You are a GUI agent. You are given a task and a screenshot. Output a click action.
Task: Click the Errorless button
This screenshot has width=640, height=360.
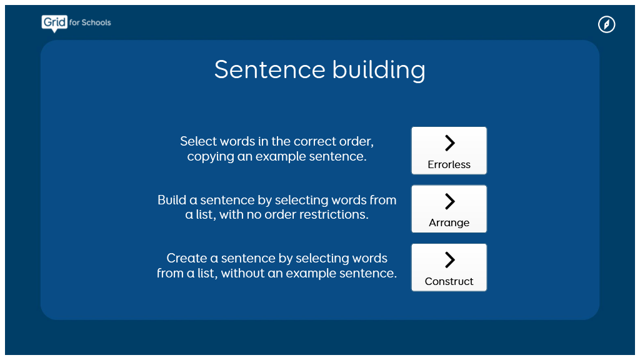pyautogui.click(x=449, y=151)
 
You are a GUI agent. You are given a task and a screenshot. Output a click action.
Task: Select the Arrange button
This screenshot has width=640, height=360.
pyautogui.click(x=449, y=209)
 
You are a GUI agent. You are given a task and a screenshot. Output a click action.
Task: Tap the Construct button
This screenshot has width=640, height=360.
pyautogui.click(x=449, y=267)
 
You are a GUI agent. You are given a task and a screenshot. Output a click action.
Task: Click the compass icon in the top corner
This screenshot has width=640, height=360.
pyautogui.click(x=606, y=24)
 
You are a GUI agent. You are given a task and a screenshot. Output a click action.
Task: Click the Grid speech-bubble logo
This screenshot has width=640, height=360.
pyautogui.click(x=54, y=23)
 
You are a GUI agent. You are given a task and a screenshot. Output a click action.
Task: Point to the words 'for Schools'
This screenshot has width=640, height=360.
pyautogui.click(x=90, y=22)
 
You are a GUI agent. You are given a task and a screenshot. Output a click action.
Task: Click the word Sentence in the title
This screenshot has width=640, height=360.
pyautogui.click(x=270, y=69)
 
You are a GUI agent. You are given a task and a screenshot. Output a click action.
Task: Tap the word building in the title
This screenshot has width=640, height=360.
pyautogui.click(x=379, y=70)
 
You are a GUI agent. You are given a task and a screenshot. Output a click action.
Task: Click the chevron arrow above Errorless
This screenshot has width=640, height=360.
pyautogui.click(x=450, y=143)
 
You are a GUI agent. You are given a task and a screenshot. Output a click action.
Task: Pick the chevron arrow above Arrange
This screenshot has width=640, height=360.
pyautogui.click(x=450, y=201)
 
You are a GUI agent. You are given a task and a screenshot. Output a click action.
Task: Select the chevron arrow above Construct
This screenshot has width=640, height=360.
pyautogui.click(x=450, y=259)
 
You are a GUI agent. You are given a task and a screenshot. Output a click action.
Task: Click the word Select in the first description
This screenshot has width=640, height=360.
pyautogui.click(x=198, y=141)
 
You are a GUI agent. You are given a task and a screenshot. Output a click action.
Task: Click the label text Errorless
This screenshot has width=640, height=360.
pyautogui.click(x=449, y=164)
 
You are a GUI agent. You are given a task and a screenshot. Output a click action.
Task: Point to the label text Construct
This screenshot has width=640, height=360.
pyautogui.click(x=449, y=281)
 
